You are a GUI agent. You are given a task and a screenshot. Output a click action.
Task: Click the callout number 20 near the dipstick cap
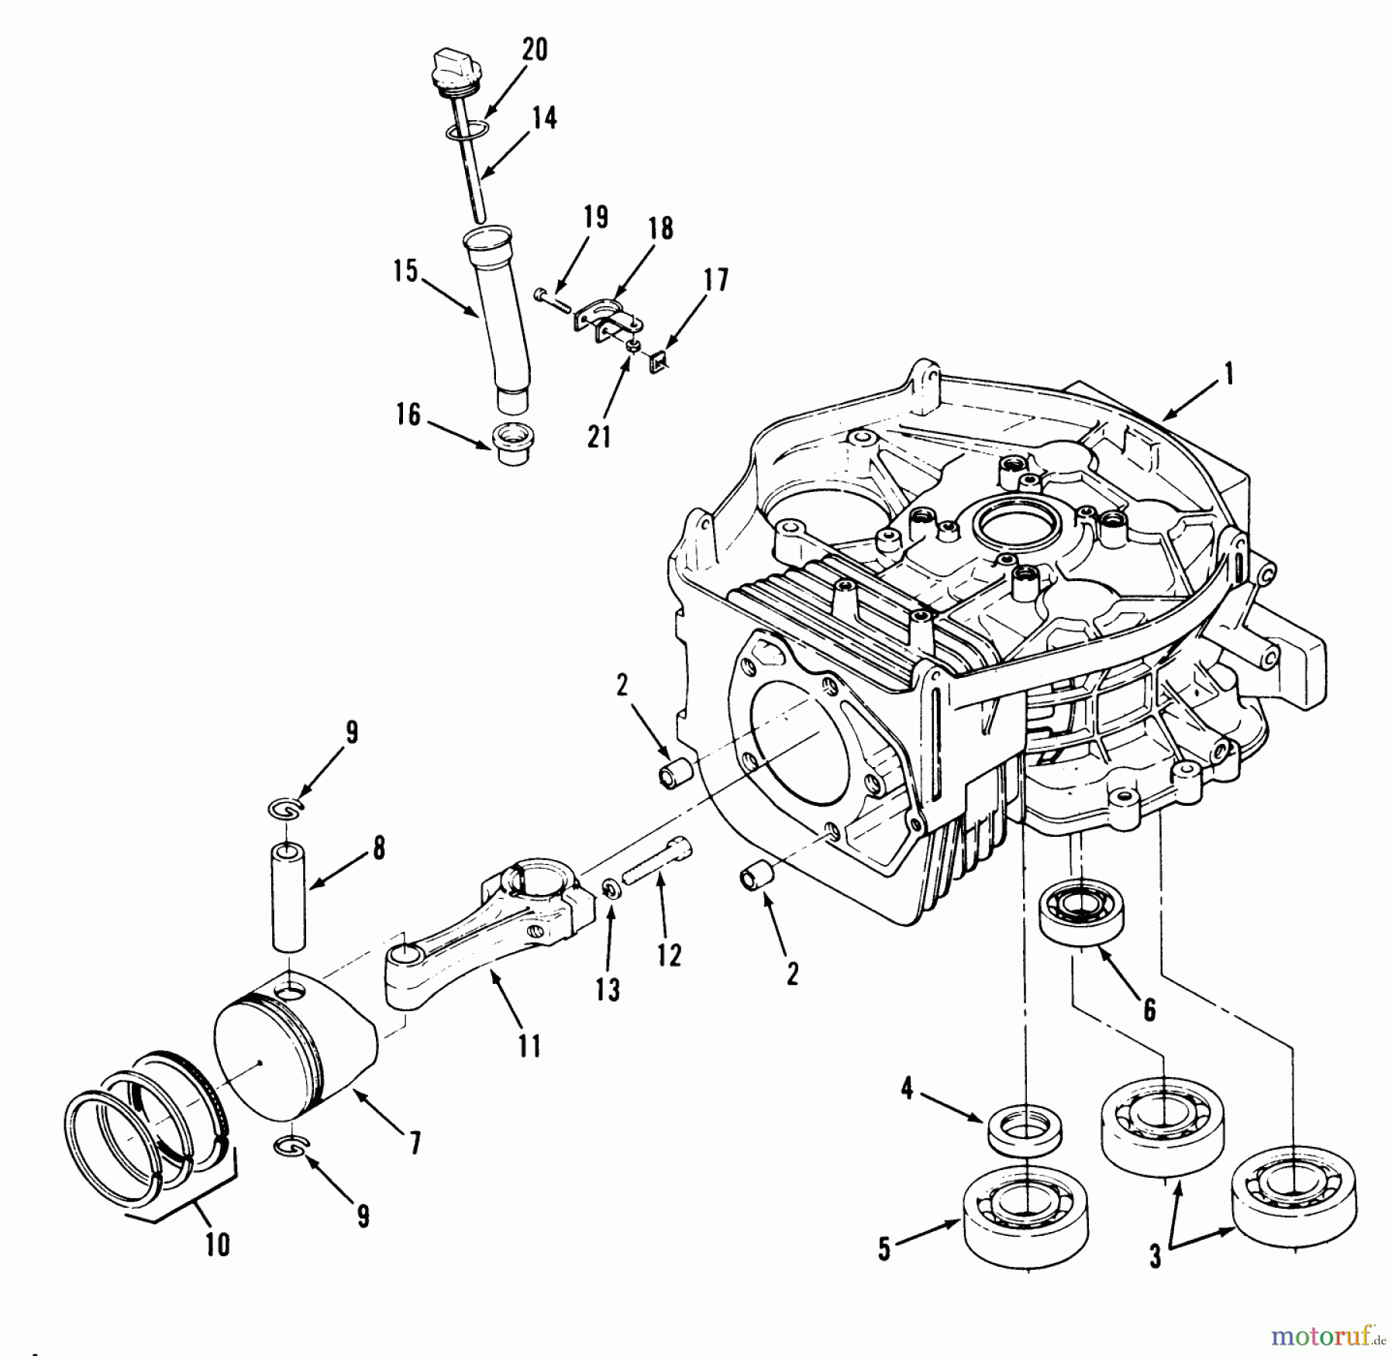534,50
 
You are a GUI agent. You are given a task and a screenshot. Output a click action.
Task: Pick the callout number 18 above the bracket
660,229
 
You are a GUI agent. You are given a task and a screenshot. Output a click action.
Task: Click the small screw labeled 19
549,298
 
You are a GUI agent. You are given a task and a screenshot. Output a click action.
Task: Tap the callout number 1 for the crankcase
1227,376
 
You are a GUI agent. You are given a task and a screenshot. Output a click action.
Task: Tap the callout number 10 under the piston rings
218,1244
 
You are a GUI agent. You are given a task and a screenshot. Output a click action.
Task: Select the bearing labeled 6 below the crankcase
1081,914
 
